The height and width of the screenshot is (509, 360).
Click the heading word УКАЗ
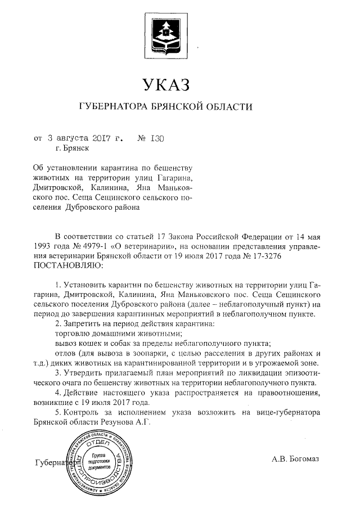(x=168, y=85)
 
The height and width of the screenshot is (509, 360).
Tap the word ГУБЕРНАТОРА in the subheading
(x=116, y=106)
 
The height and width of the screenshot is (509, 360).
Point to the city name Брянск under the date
(x=75, y=148)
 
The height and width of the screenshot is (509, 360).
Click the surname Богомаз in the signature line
(x=304, y=459)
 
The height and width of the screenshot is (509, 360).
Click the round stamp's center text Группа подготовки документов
(x=101, y=460)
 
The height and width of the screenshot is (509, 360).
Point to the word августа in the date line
(x=71, y=137)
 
